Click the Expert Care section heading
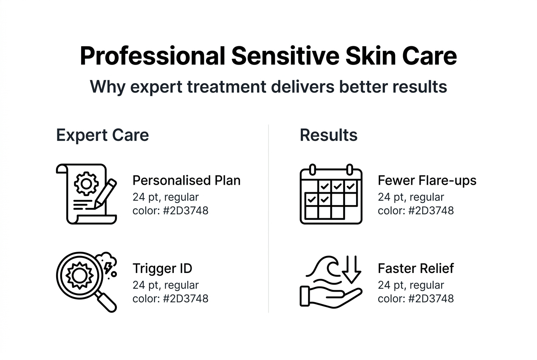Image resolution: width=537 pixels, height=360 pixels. (102, 135)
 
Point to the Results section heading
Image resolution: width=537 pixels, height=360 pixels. (328, 135)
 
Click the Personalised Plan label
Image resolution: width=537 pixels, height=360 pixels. (187, 180)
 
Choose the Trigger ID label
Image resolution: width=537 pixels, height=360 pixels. (162, 268)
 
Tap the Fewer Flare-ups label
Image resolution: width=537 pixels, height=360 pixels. (427, 180)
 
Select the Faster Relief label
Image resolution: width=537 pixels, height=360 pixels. (415, 268)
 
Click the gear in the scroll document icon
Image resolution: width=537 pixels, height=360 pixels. (86, 183)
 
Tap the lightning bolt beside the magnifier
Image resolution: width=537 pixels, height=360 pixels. (108, 267)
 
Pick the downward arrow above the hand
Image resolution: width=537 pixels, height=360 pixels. (351, 270)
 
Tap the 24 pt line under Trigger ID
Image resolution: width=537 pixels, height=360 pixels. (165, 285)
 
